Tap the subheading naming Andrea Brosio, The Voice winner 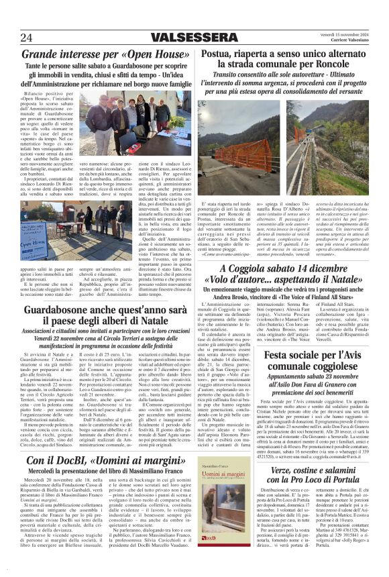click(285, 297)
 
